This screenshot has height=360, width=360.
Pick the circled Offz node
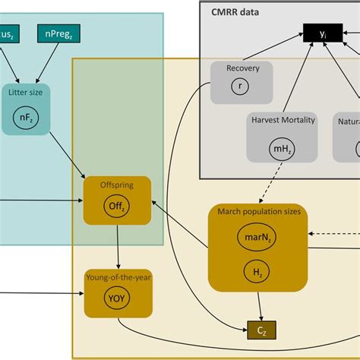tap(117, 204)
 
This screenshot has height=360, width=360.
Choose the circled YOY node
tap(117, 298)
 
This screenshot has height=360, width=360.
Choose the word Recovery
tap(242, 68)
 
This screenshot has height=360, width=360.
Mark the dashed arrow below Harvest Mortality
tap(276, 182)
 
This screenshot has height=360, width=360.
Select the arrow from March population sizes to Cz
tap(261, 305)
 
